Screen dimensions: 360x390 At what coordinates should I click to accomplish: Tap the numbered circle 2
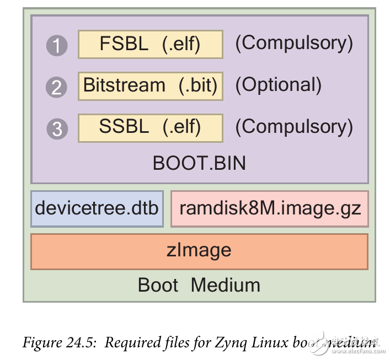[57, 87]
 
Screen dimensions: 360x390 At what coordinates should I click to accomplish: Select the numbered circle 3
[57, 128]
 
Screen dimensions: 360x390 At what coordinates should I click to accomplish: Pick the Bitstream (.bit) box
[151, 86]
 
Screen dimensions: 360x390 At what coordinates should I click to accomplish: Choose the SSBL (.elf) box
[151, 127]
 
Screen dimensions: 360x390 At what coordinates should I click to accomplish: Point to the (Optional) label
[278, 85]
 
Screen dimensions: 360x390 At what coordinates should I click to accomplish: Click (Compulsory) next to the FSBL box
[293, 44]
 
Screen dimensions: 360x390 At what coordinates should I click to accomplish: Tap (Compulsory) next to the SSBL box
[293, 127]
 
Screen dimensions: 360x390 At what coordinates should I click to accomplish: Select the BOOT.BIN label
[199, 163]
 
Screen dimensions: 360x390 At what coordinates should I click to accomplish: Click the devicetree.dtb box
[97, 208]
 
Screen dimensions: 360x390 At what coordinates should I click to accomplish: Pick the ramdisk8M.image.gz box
[270, 208]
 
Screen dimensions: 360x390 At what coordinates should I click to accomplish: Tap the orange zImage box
[199, 251]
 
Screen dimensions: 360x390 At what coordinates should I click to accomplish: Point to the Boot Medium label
[199, 285]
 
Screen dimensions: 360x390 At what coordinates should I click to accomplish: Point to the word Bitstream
[124, 86]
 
